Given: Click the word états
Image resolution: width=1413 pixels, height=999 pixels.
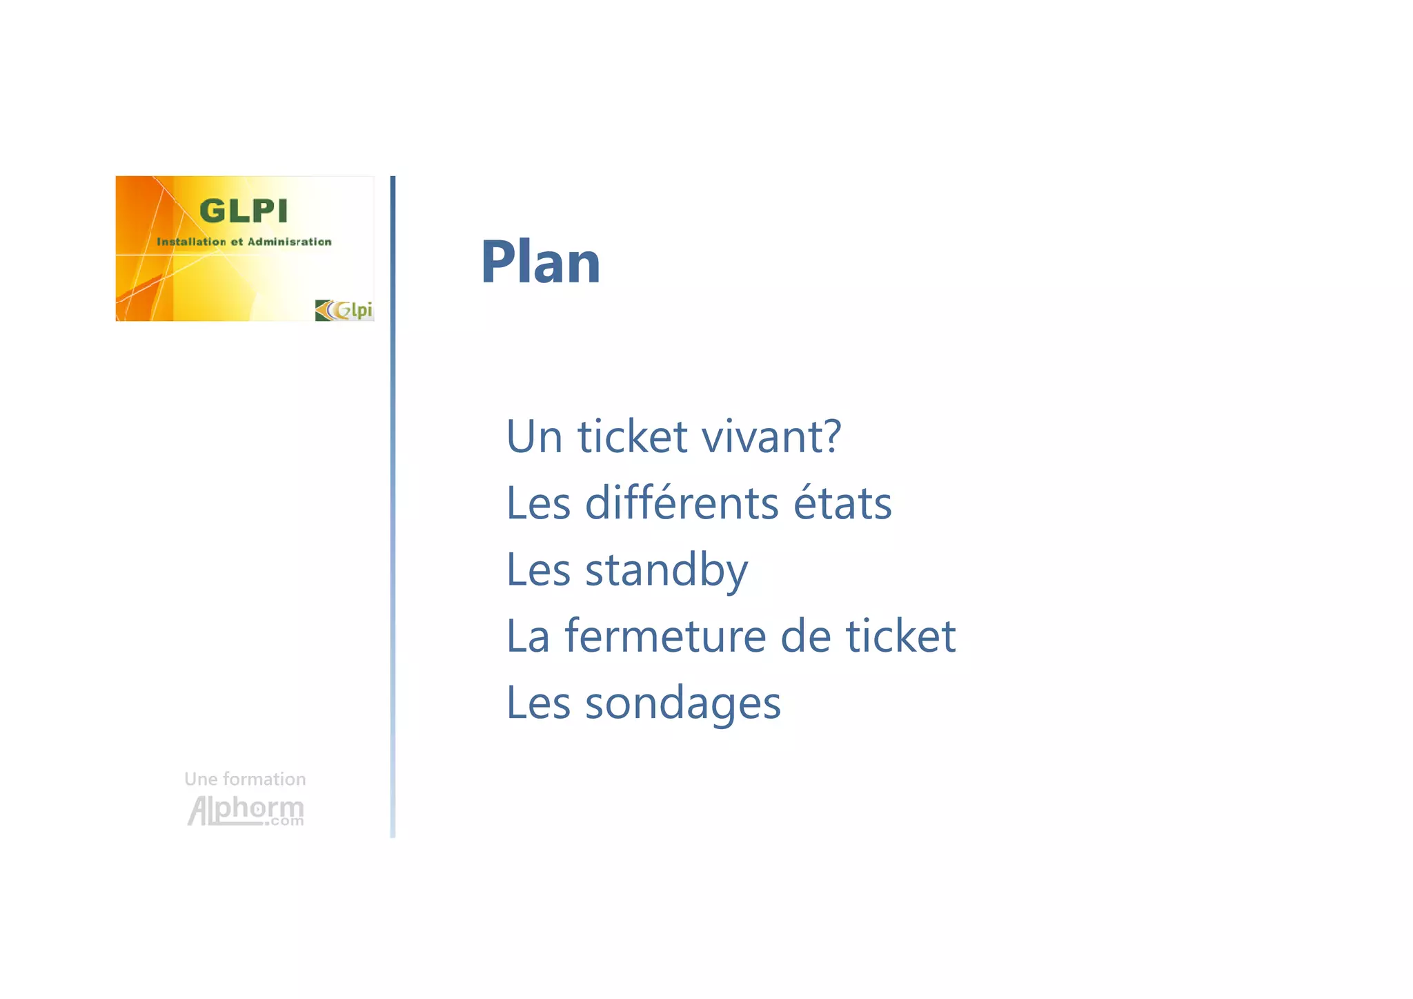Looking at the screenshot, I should click(842, 503).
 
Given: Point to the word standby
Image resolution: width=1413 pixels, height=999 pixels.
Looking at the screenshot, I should click(666, 570).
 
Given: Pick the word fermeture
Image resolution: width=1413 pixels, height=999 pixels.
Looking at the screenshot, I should click(665, 636).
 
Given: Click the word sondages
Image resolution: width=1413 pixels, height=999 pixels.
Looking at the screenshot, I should click(682, 703).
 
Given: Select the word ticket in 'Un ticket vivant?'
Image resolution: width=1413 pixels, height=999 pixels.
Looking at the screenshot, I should click(632, 436).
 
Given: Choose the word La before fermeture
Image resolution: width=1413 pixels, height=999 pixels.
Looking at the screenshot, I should click(528, 636).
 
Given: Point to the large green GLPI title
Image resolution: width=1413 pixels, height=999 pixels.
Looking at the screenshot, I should click(243, 211).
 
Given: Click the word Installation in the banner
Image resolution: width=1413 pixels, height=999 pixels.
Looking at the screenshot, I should click(191, 242).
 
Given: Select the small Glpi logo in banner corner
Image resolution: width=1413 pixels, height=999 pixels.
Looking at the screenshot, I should click(344, 310).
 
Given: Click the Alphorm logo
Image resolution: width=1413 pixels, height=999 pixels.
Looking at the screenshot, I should click(246, 810).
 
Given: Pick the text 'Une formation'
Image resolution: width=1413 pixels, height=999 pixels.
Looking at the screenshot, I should click(245, 779).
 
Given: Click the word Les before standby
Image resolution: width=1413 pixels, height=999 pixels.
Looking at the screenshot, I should click(538, 570).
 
